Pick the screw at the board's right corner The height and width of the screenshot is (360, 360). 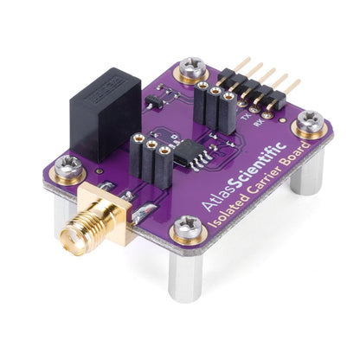pos(310,125)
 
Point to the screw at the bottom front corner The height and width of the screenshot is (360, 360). pos(186,230)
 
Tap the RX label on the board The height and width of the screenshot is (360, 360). pos(259,122)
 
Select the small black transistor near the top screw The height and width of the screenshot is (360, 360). pos(154,102)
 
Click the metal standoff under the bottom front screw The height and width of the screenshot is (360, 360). pos(185,273)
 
